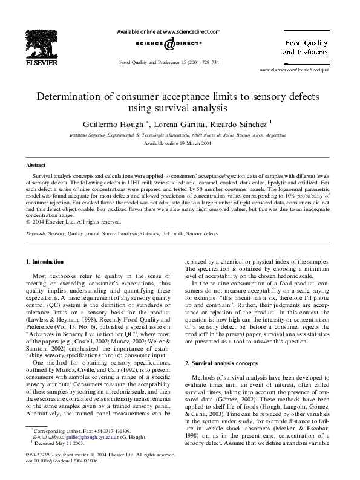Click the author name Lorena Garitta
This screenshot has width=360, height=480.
tap(182, 123)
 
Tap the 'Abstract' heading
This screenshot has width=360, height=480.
tap(36, 164)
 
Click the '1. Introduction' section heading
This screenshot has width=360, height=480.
tap(45, 262)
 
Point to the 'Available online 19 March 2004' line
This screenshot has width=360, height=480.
tap(177, 143)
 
